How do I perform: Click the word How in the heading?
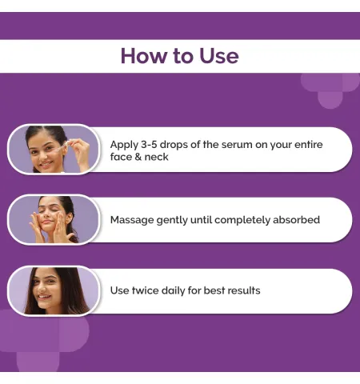[x=144, y=56]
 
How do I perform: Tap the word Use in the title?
[x=219, y=56]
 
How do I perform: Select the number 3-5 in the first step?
[x=149, y=145]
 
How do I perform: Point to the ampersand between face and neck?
[x=138, y=157]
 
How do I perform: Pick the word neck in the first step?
[x=156, y=157]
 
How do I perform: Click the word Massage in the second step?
[x=132, y=220]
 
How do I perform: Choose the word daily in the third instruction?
[x=174, y=290]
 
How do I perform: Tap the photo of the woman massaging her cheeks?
[x=54, y=220]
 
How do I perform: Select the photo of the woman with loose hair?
[x=54, y=290]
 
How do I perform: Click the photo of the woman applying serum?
[x=54, y=150]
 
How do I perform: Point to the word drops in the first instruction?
[x=174, y=145]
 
